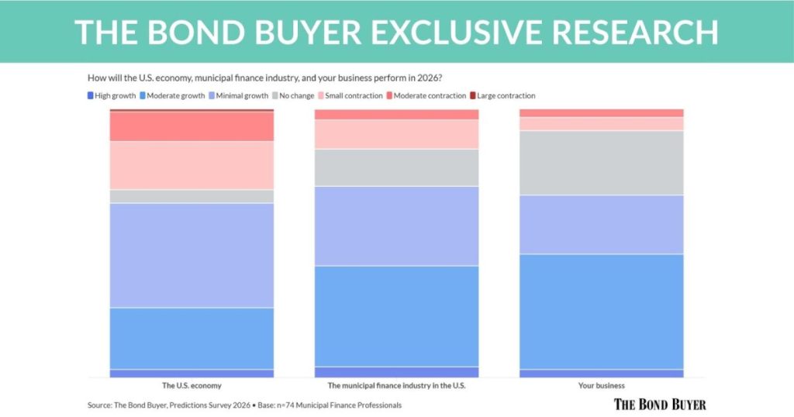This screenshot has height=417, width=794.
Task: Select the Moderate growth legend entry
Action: click(174, 96)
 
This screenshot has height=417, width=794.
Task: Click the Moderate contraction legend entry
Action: click(428, 96)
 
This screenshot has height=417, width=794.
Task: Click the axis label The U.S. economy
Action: click(192, 385)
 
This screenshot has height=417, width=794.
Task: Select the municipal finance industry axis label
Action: click(396, 385)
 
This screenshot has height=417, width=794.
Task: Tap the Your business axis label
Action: click(601, 385)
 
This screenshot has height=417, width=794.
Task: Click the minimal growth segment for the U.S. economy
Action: click(192, 255)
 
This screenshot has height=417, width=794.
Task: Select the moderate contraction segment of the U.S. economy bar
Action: click(192, 126)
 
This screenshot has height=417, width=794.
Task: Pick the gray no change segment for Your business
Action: click(601, 163)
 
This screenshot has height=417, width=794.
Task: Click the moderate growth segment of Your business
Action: click(601, 311)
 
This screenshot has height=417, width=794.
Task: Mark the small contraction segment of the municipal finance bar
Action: click(396, 134)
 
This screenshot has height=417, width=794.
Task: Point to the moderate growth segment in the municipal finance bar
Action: click(396, 315)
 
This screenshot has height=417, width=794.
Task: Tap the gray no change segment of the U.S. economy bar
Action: click(192, 196)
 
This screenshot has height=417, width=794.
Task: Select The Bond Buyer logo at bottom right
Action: click(660, 404)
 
